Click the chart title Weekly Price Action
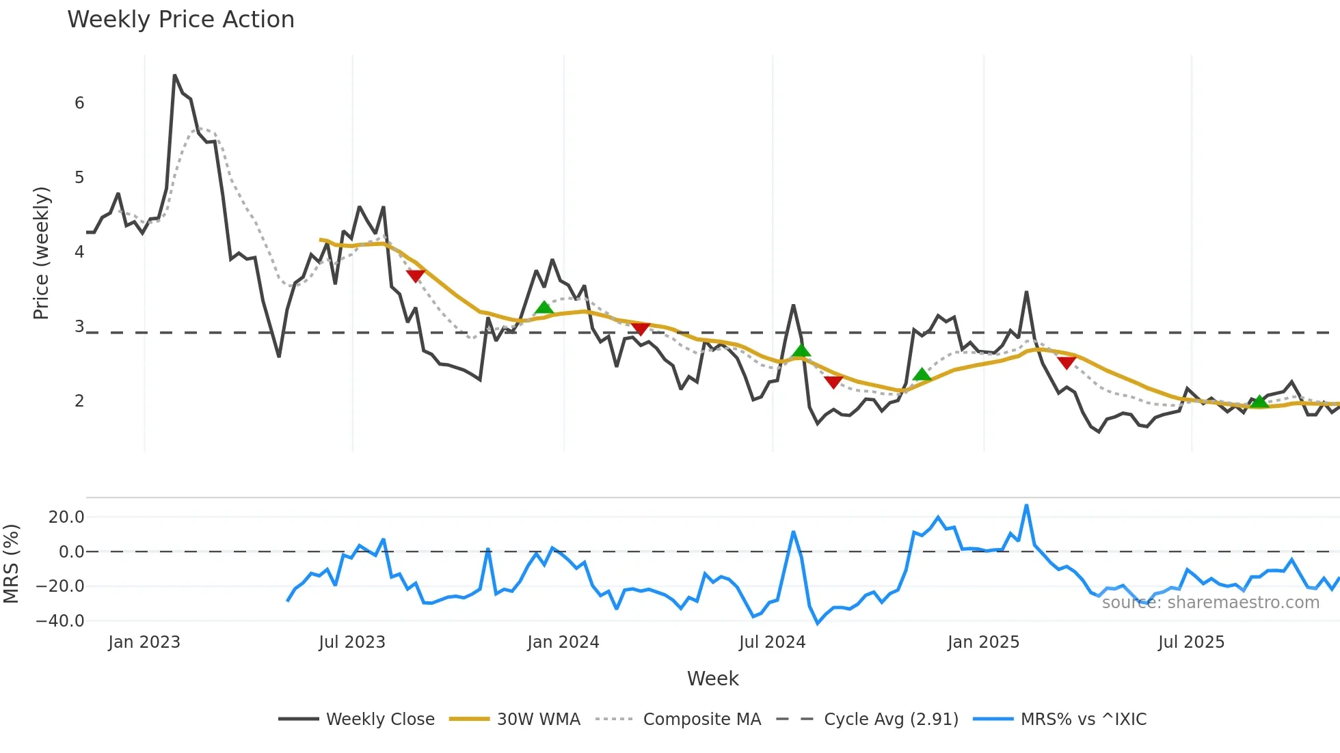pyautogui.click(x=180, y=19)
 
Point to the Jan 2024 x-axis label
pyautogui.click(x=563, y=642)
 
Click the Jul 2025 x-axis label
pyautogui.click(x=1191, y=642)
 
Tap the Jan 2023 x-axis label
pyautogui.click(x=144, y=642)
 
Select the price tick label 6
pyautogui.click(x=79, y=103)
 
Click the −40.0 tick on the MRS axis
pyautogui.click(x=60, y=621)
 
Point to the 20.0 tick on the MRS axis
pyautogui.click(x=66, y=517)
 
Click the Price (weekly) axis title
pyautogui.click(x=41, y=253)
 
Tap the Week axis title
pyautogui.click(x=712, y=679)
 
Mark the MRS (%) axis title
pyautogui.click(x=11, y=564)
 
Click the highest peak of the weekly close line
pyautogui.click(x=174, y=75)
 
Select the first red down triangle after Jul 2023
pyautogui.click(x=415, y=275)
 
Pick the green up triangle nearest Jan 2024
pyautogui.click(x=544, y=307)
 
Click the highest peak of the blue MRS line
pyautogui.click(x=1026, y=506)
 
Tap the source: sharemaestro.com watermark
pyautogui.click(x=1210, y=602)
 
